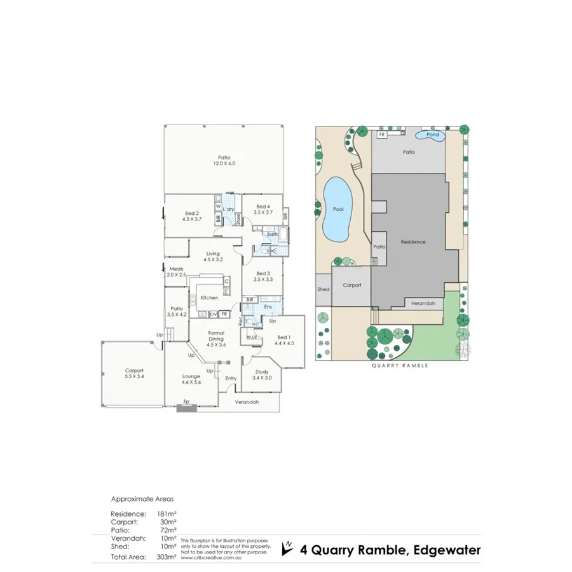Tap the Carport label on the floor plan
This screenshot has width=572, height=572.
(134, 371)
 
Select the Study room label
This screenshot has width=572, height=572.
(262, 372)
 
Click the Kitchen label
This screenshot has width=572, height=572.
(209, 297)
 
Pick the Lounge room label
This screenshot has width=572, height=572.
(191, 376)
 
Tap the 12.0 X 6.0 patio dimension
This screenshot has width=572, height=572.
(224, 164)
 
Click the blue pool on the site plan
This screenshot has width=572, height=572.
(336, 209)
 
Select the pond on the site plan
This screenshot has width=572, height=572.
(432, 135)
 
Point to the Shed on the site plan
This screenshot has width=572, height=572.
(323, 289)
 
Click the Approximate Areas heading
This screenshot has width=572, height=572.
(142, 499)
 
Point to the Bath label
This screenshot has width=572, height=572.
(272, 235)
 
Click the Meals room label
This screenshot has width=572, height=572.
(176, 268)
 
